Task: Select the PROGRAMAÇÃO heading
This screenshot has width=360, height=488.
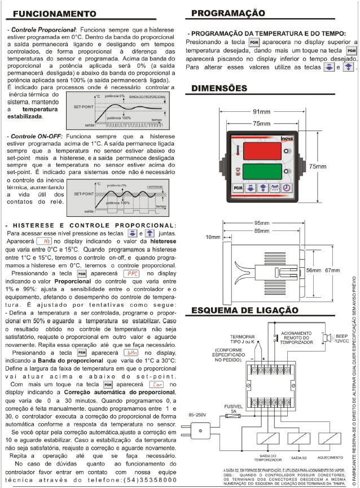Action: tap(228, 12)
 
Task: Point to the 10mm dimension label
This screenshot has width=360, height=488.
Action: tap(213, 237)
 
